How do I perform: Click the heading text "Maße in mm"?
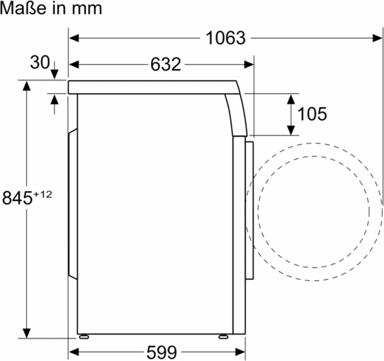[x=51, y=9]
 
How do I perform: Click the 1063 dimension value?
[x=226, y=38]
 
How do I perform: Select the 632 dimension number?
[x=165, y=65]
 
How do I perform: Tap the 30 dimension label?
[x=39, y=62]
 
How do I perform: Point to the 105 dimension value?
[x=312, y=114]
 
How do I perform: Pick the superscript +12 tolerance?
[x=42, y=194]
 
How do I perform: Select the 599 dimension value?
[x=162, y=352]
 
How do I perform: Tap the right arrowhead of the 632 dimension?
[x=249, y=65]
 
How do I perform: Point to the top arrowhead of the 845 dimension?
[x=26, y=86]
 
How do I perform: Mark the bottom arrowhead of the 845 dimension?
[x=26, y=332]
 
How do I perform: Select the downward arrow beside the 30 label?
[x=54, y=74]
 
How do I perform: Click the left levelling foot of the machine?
[x=84, y=337]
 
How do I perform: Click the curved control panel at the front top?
[x=236, y=115]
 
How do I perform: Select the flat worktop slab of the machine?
[x=150, y=87]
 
